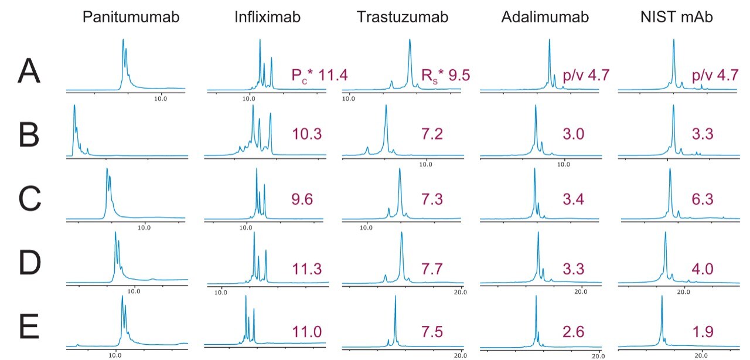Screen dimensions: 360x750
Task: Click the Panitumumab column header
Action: (x=131, y=17)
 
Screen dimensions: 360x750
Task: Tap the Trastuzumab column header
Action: (x=403, y=17)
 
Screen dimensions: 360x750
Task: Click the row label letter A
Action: (x=30, y=73)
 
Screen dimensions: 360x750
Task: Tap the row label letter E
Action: (x=30, y=328)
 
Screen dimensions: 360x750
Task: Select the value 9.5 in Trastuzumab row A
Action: (x=461, y=75)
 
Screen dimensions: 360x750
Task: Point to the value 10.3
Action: (x=307, y=134)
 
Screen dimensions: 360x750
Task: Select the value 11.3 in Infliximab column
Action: (x=307, y=269)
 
